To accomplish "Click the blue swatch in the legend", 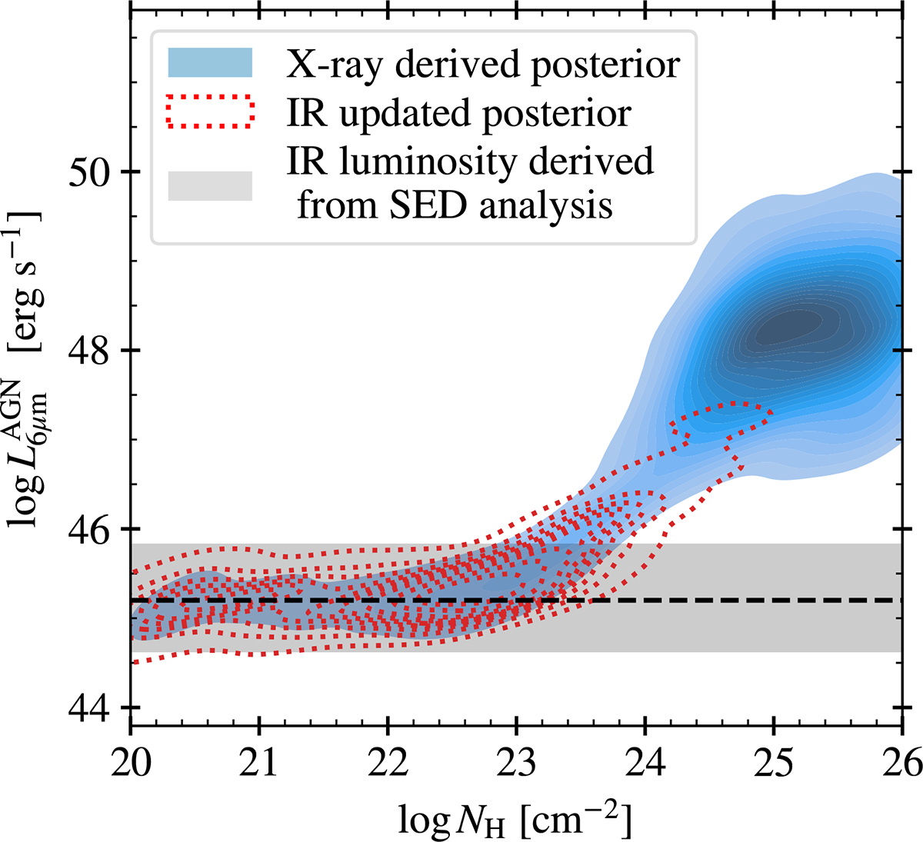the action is [x=210, y=62].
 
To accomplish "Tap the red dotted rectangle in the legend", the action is [x=210, y=111].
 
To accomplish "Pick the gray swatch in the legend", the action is [x=210, y=186].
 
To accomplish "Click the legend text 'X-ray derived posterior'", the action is [x=483, y=65].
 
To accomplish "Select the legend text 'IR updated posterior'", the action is [x=458, y=113].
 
